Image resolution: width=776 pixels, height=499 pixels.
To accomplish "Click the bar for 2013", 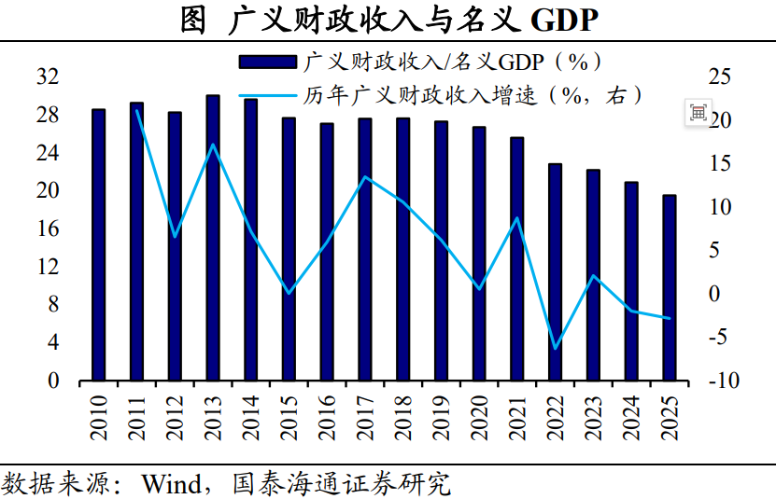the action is [x=213, y=238].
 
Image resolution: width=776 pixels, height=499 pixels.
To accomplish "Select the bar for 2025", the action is [x=670, y=288].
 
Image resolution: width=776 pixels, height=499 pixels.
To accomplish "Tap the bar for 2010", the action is [x=98, y=244].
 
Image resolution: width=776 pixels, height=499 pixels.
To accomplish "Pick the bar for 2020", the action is [x=479, y=254].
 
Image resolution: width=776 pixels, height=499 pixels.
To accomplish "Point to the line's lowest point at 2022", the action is [x=556, y=349].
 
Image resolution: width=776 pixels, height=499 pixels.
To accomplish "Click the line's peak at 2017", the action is [x=365, y=176].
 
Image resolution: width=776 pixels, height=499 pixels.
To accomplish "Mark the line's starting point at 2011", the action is [x=136, y=110].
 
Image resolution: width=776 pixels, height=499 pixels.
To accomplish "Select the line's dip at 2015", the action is [x=289, y=293].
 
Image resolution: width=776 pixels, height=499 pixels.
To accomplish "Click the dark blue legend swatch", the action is [x=268, y=62].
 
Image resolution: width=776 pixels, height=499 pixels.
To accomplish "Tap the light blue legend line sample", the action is [x=268, y=95].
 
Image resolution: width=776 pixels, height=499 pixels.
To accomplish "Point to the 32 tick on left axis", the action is [x=48, y=76].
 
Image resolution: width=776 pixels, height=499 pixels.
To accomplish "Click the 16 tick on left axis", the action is [x=48, y=229].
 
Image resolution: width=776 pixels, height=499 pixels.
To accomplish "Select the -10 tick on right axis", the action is [x=724, y=381].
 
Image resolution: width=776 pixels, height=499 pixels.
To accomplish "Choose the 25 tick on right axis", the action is [x=719, y=76].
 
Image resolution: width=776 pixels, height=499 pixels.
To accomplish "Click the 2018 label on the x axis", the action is [x=403, y=418].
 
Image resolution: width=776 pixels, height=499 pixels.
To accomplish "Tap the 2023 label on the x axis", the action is [x=593, y=418].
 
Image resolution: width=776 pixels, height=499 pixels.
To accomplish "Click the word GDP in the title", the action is [x=564, y=21].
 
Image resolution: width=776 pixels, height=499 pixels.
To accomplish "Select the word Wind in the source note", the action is [x=171, y=483].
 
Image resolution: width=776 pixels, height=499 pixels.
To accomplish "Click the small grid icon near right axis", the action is [x=698, y=113].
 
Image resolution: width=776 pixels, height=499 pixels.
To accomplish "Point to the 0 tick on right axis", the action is [x=713, y=293].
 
